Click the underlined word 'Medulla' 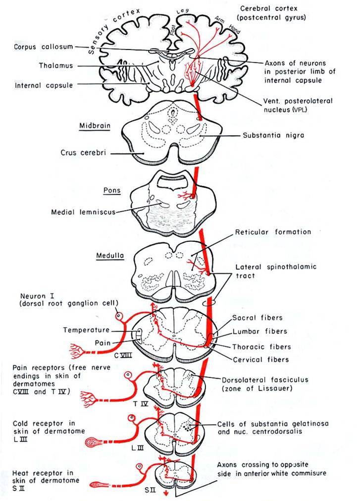click(x=109, y=256)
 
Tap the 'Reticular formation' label click(x=273, y=232)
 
